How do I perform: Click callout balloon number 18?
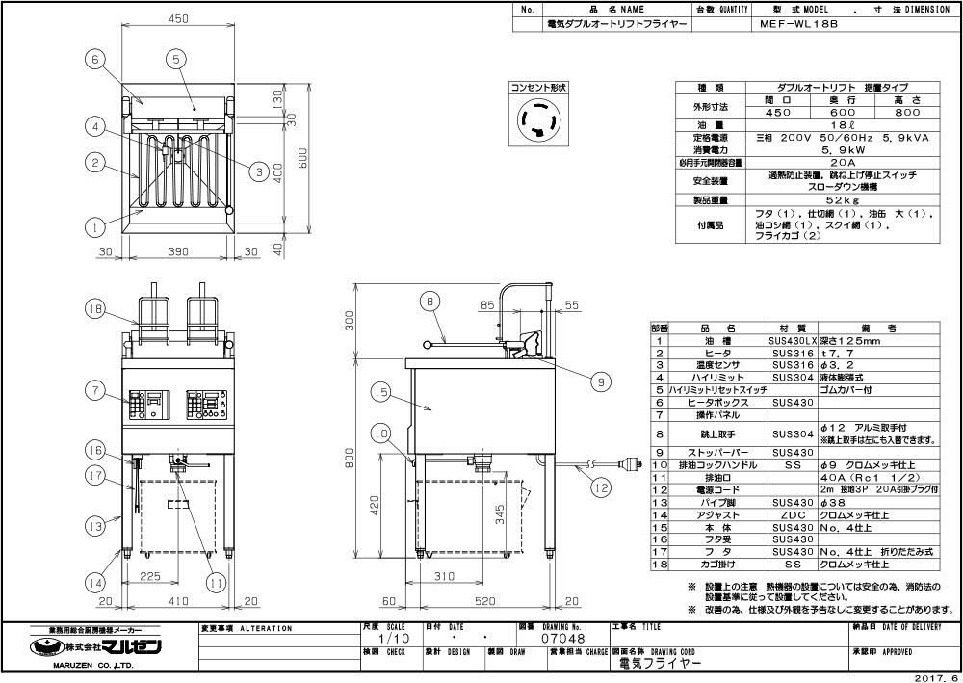[94, 308]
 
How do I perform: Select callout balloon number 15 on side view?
[381, 392]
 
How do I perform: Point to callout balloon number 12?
[602, 488]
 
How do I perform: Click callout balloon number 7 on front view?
[94, 391]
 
